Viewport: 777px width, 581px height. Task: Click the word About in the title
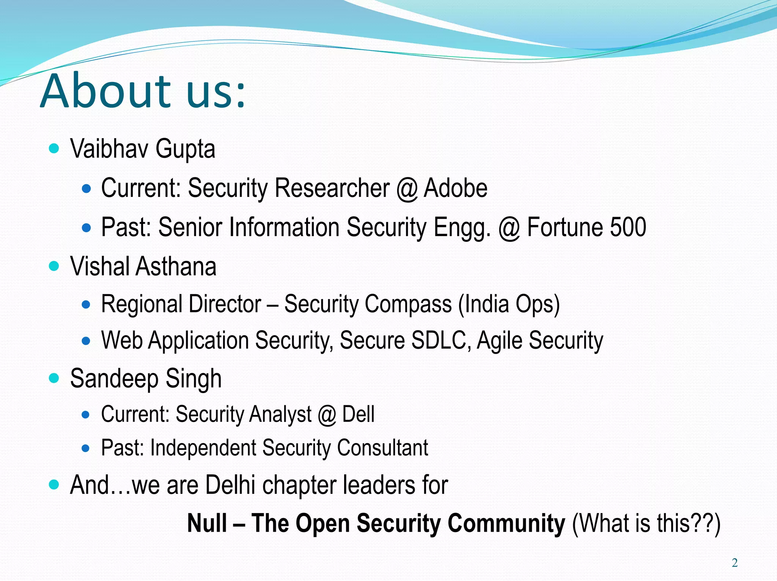106,91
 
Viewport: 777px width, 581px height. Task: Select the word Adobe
455,188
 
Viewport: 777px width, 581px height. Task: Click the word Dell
358,414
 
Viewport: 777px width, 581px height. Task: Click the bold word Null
207,523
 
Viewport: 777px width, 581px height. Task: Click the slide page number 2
735,563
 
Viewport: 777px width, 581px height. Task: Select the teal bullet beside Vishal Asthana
54,266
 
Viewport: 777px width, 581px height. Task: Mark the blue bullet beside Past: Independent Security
86,448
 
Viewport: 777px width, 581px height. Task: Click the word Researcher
332,188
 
